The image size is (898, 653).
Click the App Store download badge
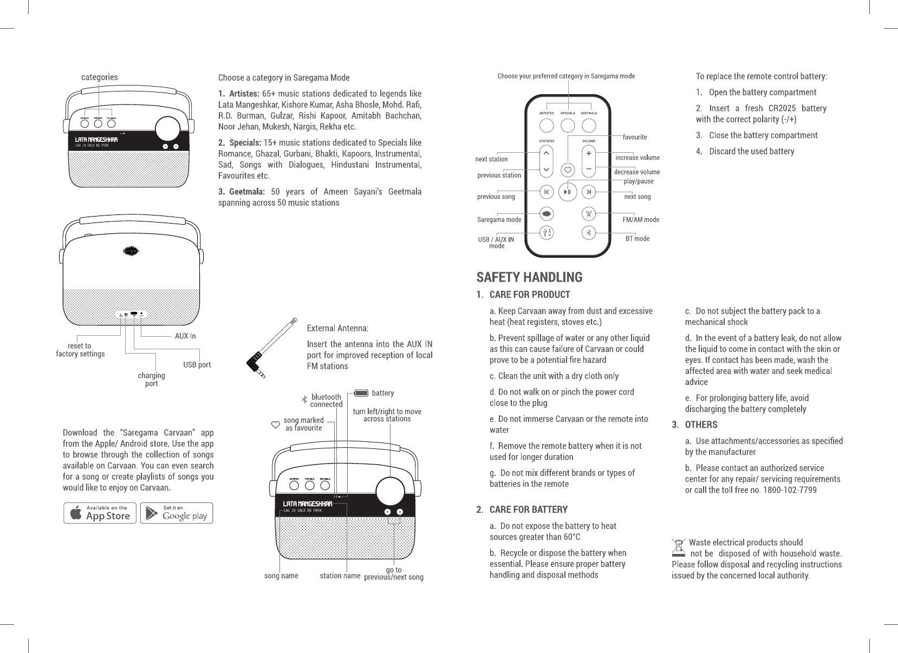pyautogui.click(x=100, y=513)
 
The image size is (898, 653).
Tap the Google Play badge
pyautogui.click(x=177, y=513)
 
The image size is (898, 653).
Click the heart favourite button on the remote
pyautogui.click(x=568, y=169)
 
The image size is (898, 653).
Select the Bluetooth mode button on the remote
pyautogui.click(x=589, y=233)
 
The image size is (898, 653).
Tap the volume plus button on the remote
pyautogui.click(x=588, y=153)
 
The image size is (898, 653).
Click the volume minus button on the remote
pyautogui.click(x=588, y=169)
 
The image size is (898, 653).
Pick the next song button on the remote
pyautogui.click(x=589, y=192)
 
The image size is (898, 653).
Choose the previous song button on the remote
pyautogui.click(x=546, y=192)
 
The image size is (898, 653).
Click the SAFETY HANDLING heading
pyautogui.click(x=529, y=277)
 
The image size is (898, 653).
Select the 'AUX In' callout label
pyautogui.click(x=185, y=336)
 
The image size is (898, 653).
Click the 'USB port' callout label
pyautogui.click(x=197, y=365)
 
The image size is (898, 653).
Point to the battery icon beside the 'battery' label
pyautogui.click(x=361, y=393)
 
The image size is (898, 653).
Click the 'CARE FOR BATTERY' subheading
pyautogui.click(x=528, y=510)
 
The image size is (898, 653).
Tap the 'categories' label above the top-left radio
pyautogui.click(x=99, y=77)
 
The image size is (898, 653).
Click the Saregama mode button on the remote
pyautogui.click(x=546, y=214)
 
